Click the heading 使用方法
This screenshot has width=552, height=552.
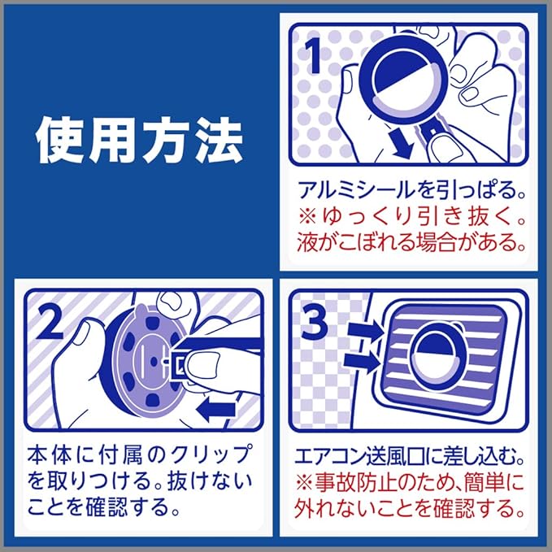pos(140,141)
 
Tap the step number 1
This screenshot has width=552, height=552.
pos(313,55)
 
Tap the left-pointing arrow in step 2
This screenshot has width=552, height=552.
pos(215,409)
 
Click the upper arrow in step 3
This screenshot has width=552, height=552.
pos(365,331)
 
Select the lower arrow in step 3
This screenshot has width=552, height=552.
pos(362,362)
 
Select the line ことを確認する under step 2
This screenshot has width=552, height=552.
pos(98,506)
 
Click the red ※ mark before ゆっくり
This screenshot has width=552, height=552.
pos(307,217)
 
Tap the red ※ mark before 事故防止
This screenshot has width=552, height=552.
pos(305,483)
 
